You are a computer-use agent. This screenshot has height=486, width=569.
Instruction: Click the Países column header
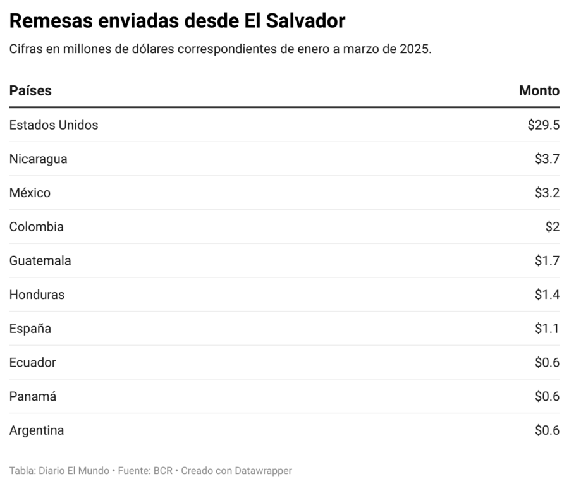tap(30, 90)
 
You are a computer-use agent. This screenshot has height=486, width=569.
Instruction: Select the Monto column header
tap(539, 90)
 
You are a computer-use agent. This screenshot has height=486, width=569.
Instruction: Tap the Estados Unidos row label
tap(54, 125)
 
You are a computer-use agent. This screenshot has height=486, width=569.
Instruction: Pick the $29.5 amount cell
tap(543, 125)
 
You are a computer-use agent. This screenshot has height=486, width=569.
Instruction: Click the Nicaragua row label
tap(38, 159)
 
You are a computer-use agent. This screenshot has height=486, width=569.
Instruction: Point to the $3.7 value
tap(547, 159)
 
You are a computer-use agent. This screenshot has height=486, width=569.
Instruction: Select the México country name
tap(30, 193)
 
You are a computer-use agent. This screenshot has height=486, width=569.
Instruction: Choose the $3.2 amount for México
tap(547, 193)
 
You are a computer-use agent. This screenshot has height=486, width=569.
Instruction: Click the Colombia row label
tap(36, 227)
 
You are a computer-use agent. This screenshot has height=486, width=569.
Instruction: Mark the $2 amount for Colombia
tap(552, 227)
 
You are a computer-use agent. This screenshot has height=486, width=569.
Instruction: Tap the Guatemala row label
tap(40, 261)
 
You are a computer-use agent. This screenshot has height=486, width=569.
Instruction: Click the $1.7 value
tap(547, 261)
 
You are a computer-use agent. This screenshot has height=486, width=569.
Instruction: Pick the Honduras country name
tap(37, 295)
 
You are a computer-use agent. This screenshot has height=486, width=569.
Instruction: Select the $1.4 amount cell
tap(547, 295)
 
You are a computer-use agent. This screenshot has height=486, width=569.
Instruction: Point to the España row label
tap(30, 329)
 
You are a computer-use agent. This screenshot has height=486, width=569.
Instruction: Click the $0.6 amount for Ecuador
tap(547, 363)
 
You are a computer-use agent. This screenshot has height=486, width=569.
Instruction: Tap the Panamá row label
tap(33, 397)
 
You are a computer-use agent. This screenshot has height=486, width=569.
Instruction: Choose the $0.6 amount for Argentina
tap(547, 431)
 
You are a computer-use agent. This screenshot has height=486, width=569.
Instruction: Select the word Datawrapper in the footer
tap(263, 471)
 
